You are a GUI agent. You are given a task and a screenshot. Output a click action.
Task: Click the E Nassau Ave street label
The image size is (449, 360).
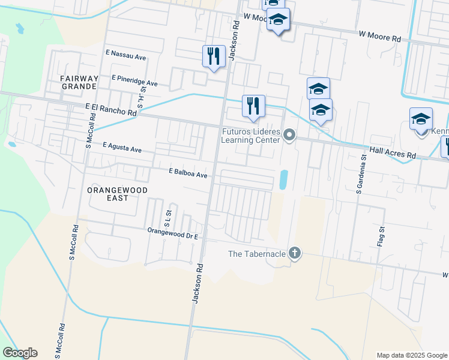tap(125, 58)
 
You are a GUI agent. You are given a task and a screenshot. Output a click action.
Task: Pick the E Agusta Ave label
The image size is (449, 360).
tap(122, 147)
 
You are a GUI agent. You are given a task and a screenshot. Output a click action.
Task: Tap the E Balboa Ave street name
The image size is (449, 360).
tap(188, 174)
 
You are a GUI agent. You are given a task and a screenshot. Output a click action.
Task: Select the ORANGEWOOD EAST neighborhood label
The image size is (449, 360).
tap(117, 193)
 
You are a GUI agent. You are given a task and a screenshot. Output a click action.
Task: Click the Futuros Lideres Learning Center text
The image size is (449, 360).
tap(251, 136)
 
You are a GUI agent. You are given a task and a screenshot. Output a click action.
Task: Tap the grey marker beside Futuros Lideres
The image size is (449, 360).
tap(290, 135)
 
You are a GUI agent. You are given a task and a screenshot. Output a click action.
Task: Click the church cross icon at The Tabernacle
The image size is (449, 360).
tap(294, 253)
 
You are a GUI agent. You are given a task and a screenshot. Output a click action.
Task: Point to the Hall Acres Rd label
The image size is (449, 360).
tap(393, 155)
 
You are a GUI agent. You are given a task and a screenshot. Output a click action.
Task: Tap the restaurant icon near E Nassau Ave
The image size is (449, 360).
tap(214, 56)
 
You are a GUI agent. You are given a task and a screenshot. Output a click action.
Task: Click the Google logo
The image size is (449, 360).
tap(20, 353)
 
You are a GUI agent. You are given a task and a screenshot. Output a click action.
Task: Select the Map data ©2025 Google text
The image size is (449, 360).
tap(411, 355)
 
